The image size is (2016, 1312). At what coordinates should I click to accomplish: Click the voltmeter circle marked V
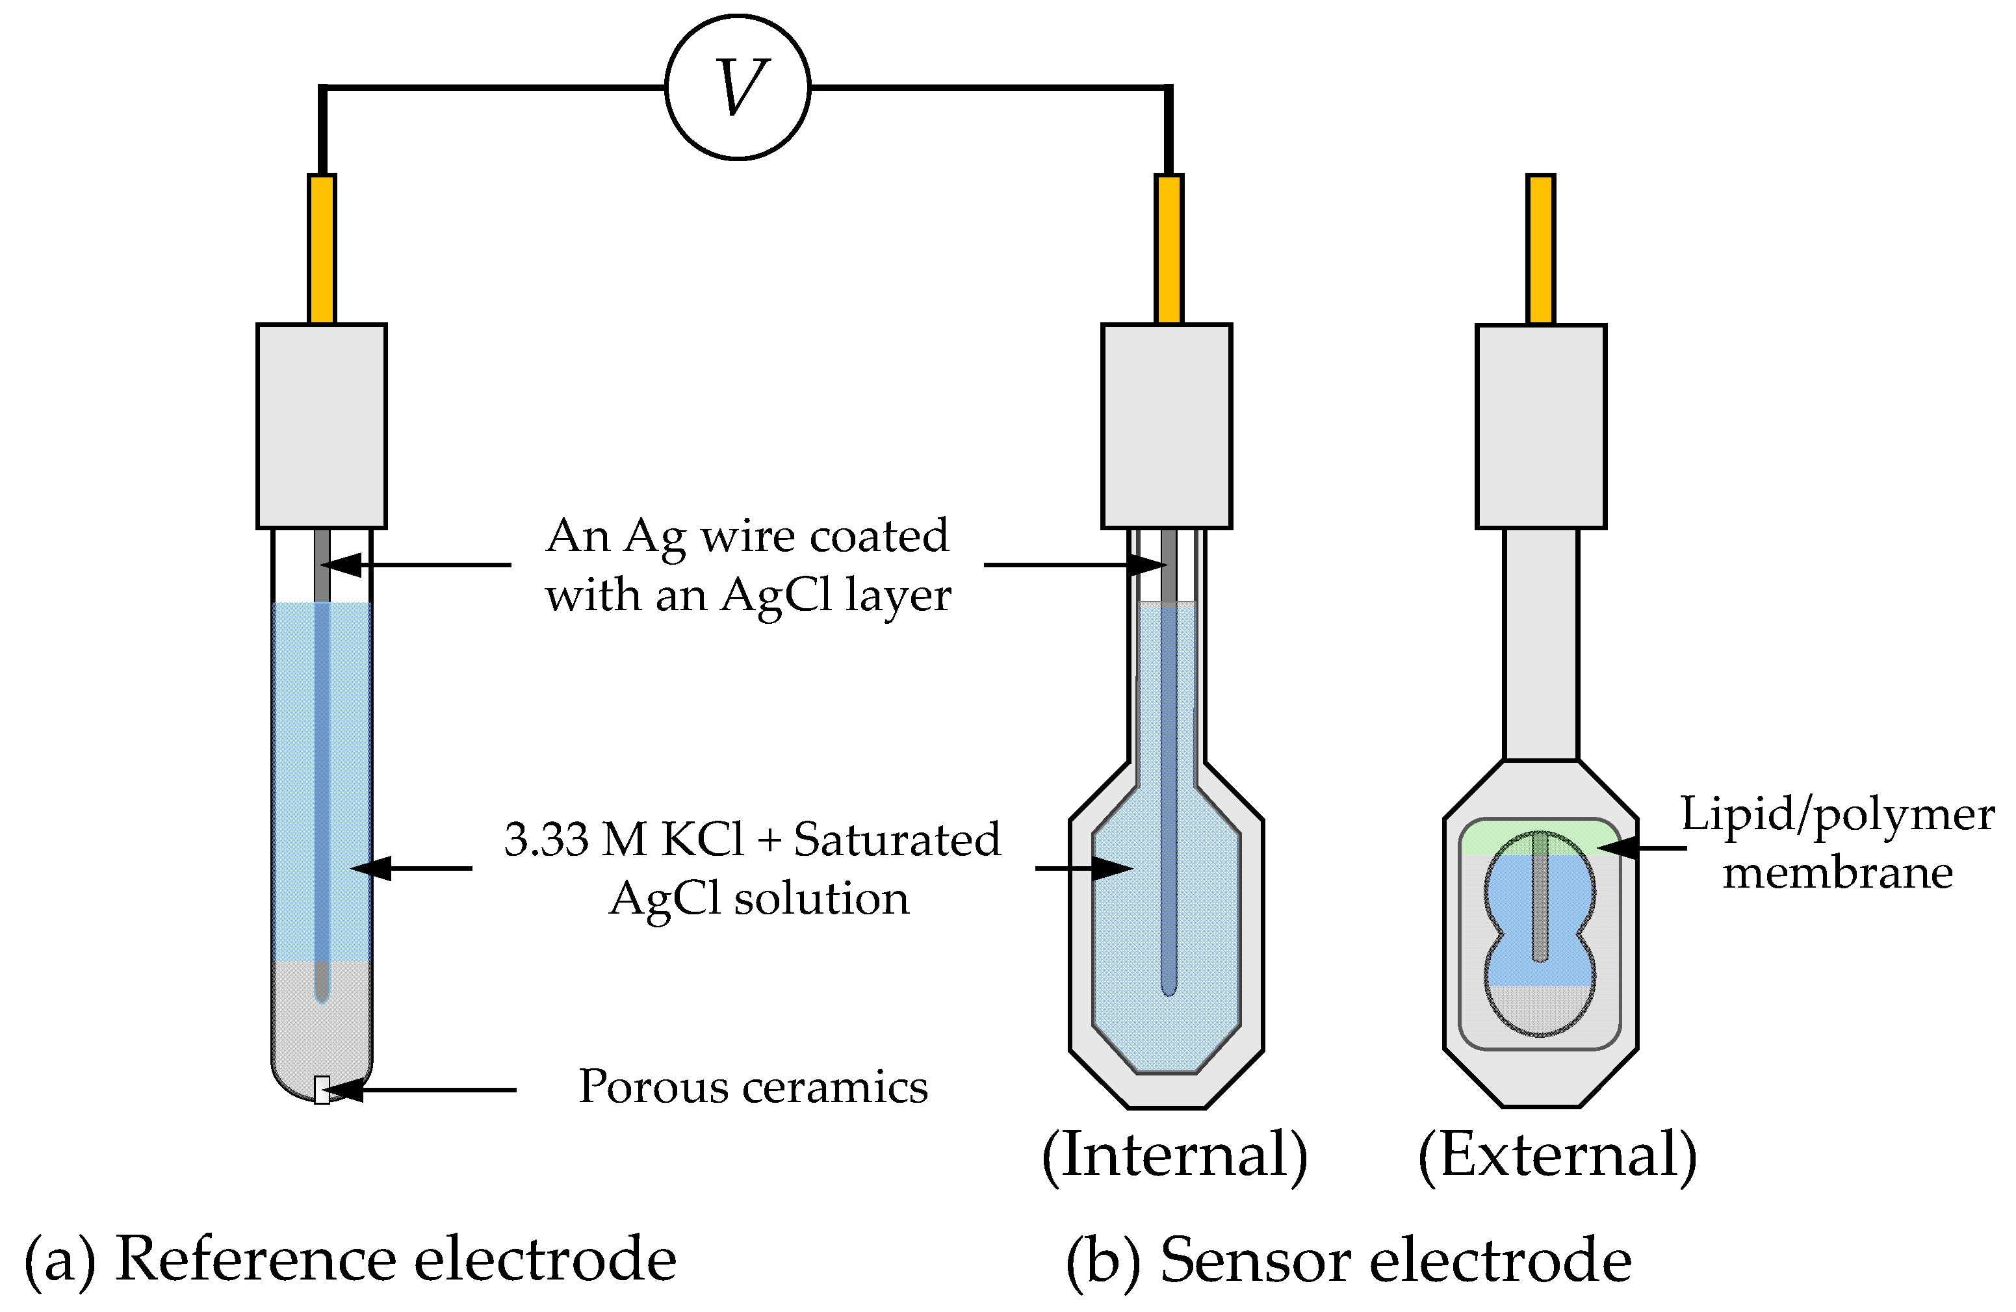[x=738, y=86]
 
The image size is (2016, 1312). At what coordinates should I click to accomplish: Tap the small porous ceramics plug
[x=322, y=1089]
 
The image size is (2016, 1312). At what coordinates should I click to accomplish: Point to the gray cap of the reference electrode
[x=322, y=426]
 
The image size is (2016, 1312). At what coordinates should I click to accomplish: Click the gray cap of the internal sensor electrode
[x=1167, y=426]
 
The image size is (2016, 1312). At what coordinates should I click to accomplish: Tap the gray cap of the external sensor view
[x=1540, y=426]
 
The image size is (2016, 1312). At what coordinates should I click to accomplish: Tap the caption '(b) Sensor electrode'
[x=1349, y=1260]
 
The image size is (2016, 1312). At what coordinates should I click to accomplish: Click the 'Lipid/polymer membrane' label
[x=1837, y=843]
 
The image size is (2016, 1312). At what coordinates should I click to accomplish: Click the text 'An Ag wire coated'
[x=747, y=536]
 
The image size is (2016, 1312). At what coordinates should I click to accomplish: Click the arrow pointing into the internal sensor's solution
[x=1084, y=868]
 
